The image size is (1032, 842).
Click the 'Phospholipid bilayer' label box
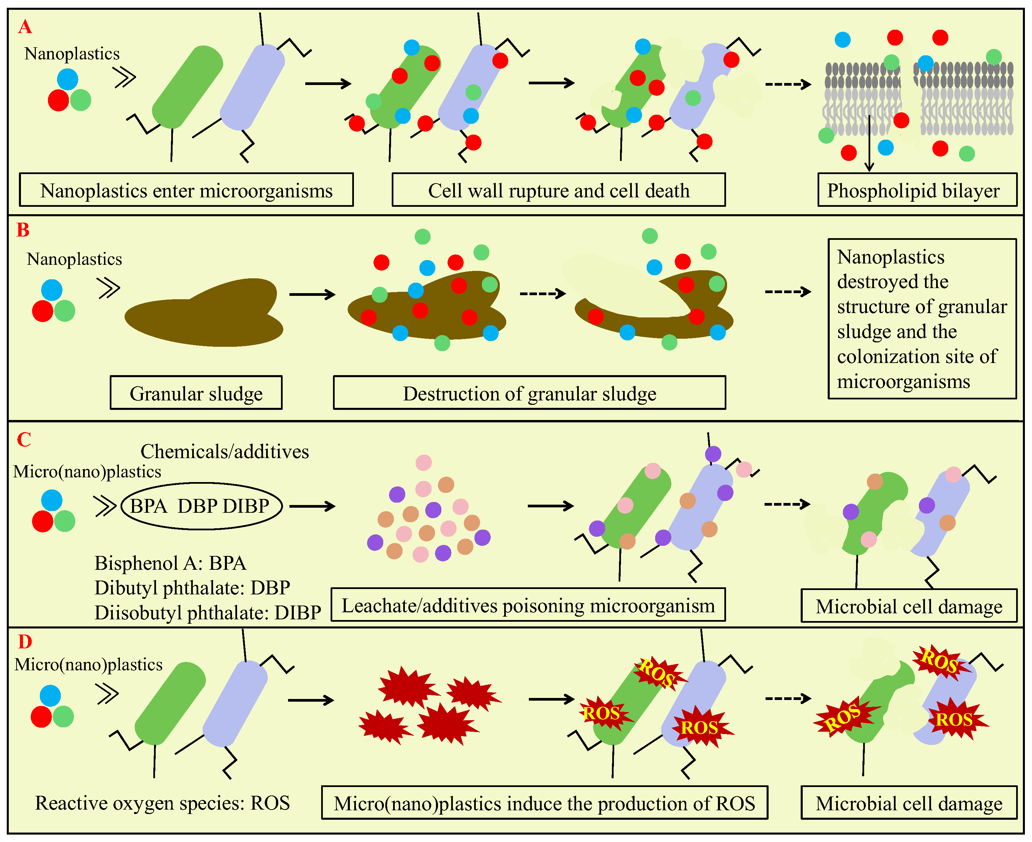tap(917, 190)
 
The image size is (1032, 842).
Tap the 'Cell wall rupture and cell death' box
tap(558, 190)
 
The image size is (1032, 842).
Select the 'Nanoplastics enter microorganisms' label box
tap(186, 190)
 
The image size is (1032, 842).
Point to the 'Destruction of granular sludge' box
tap(529, 393)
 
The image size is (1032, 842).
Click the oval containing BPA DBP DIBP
tap(201, 506)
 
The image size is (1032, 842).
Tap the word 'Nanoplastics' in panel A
tap(72, 53)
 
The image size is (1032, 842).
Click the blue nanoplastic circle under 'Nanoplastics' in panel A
tap(68, 79)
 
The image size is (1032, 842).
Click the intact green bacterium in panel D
tap(170, 703)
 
